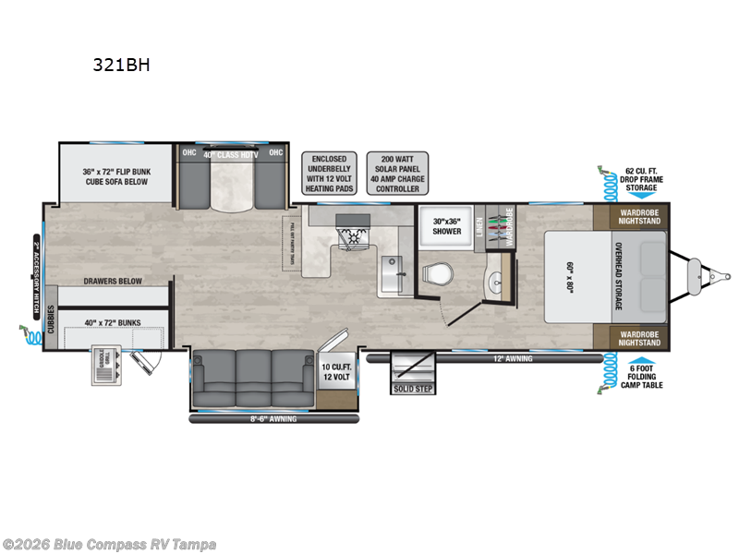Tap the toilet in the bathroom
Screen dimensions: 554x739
click(437, 273)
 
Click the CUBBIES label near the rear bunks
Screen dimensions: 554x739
click(52, 325)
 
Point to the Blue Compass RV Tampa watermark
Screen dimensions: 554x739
click(109, 544)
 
